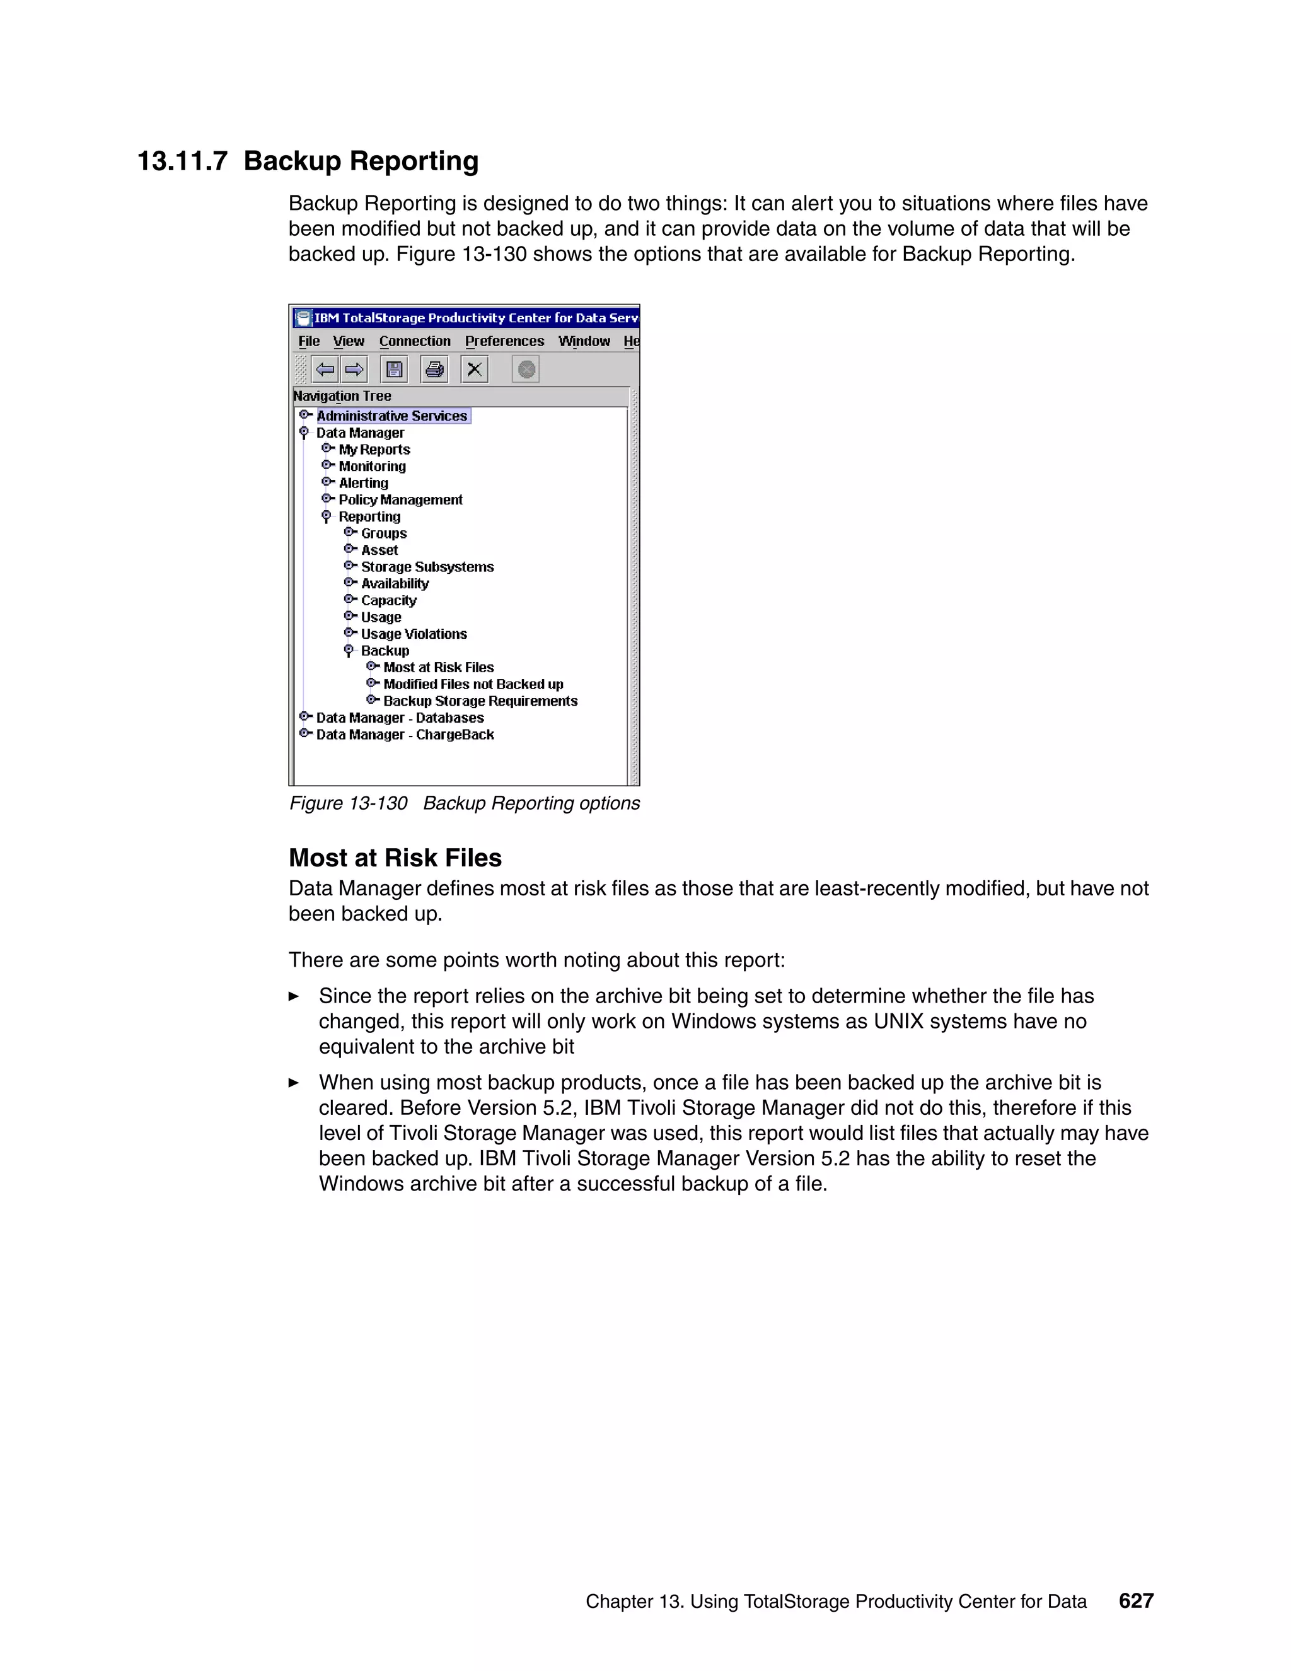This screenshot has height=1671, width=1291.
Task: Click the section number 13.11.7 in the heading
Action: (x=182, y=161)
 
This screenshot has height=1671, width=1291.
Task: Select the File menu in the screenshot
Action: (x=309, y=341)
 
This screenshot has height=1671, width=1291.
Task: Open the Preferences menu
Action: (x=504, y=341)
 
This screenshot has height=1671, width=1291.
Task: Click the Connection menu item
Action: (x=415, y=341)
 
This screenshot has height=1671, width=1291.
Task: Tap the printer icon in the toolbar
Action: (x=434, y=370)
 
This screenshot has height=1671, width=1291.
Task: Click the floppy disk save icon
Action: (x=394, y=370)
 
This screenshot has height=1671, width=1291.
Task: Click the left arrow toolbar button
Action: (x=326, y=370)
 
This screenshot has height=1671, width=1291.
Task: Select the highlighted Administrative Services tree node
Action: (x=391, y=416)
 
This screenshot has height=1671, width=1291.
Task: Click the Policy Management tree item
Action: (x=400, y=499)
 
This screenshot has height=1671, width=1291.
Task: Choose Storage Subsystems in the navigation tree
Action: (x=427, y=567)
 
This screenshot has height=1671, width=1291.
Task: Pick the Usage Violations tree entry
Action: (x=414, y=634)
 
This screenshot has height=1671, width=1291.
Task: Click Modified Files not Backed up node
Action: (x=473, y=685)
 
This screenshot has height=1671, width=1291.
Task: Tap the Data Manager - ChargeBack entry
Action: (x=405, y=735)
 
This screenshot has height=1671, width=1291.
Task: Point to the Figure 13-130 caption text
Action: (x=464, y=803)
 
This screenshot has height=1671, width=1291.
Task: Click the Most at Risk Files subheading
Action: (x=395, y=858)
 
